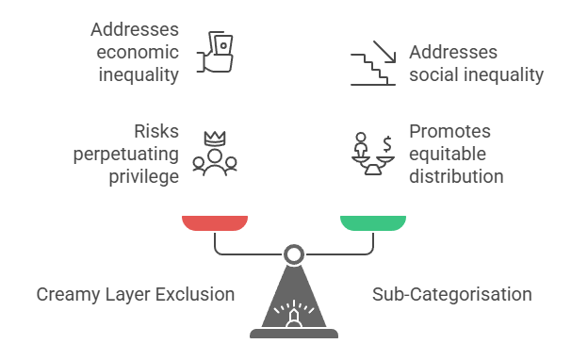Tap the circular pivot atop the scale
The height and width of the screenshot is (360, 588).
tap(294, 254)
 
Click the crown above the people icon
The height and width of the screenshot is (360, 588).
tap(215, 137)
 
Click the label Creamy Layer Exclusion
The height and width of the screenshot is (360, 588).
tap(136, 294)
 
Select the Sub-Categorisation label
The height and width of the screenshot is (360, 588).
tap(451, 294)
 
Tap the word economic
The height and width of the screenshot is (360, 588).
tap(137, 52)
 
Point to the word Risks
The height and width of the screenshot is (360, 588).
tap(155, 130)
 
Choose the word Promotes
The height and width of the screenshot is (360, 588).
tap(449, 130)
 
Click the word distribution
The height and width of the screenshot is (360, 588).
tap(456, 175)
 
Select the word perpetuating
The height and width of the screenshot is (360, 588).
tap(126, 153)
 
